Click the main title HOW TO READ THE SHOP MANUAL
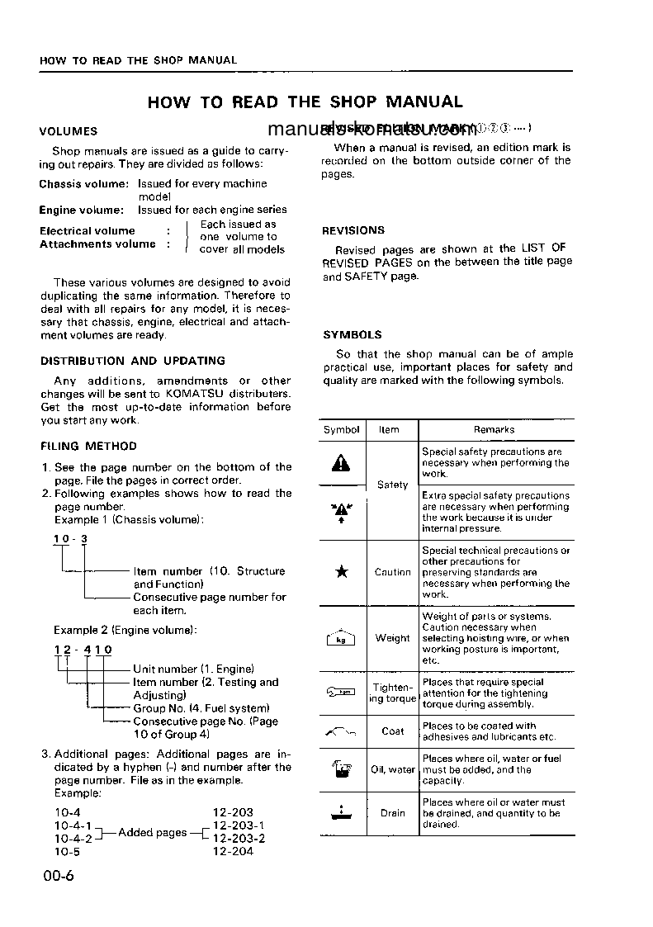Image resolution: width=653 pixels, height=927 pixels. (305, 102)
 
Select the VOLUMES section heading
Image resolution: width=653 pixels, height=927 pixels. (69, 130)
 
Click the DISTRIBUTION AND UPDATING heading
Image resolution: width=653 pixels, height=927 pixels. (133, 361)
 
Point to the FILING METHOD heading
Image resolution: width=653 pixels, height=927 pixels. (89, 446)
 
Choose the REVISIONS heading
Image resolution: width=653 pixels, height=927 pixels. (353, 230)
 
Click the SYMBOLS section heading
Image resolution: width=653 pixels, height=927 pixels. (353, 335)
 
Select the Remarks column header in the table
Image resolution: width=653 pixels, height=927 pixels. (494, 429)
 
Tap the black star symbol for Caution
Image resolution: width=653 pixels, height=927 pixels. (341, 572)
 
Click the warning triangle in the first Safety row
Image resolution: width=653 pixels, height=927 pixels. (341, 464)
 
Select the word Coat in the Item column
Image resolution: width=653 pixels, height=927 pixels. (393, 731)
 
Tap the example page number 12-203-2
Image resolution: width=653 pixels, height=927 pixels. (239, 838)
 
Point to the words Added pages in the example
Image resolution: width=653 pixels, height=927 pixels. (153, 832)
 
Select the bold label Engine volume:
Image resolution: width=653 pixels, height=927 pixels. (81, 210)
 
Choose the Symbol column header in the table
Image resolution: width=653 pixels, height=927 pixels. (341, 429)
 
